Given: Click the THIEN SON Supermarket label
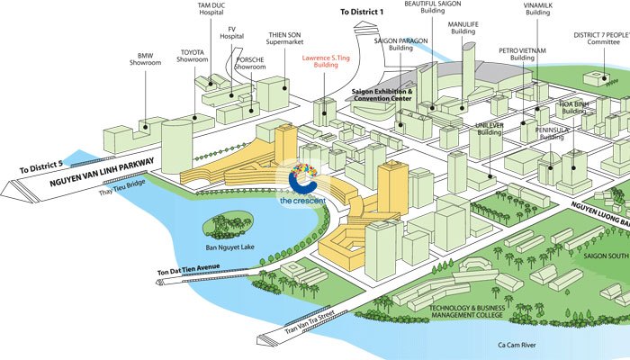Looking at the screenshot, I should pos(283,39).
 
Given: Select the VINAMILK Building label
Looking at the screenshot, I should pos(537,9).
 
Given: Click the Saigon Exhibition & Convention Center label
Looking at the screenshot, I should pos(380,95).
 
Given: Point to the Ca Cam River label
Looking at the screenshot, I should pos(507,344).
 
